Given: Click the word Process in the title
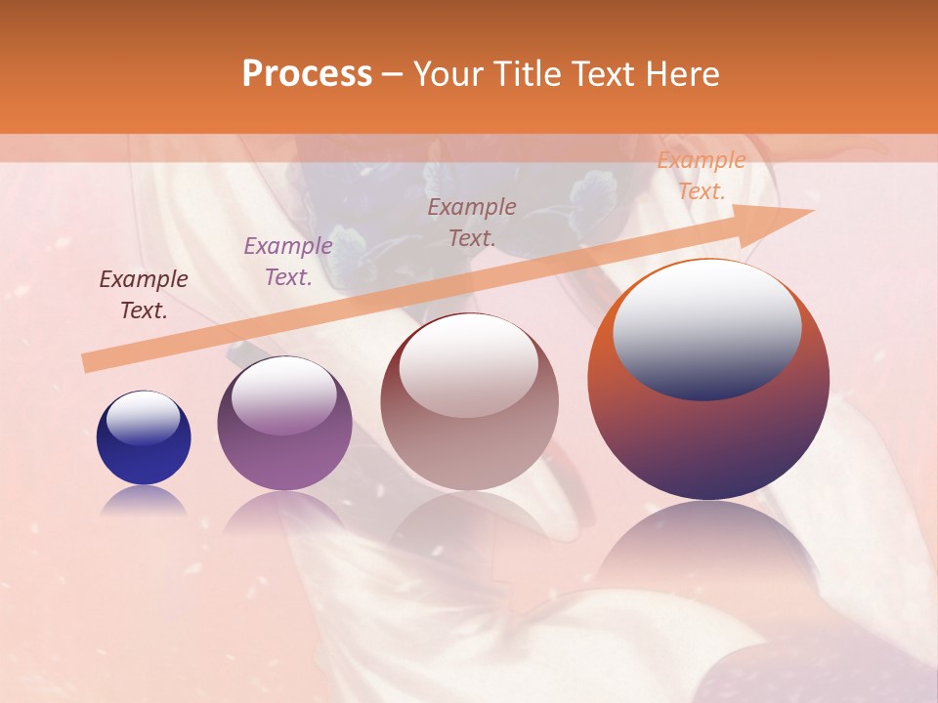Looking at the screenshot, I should coord(307,74).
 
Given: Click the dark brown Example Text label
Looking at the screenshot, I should coord(143,295).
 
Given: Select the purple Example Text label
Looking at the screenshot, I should coord(287,262).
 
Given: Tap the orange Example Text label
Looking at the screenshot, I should coord(701,176).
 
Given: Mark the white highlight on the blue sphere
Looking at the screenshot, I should coord(143,418).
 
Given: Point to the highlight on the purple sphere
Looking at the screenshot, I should coord(283,394).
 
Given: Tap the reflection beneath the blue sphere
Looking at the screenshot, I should coord(144,501).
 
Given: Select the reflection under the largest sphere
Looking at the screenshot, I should coord(707,547).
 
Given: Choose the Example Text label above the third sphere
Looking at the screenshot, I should coord(472,222).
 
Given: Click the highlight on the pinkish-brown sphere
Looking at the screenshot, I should coord(469,365).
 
